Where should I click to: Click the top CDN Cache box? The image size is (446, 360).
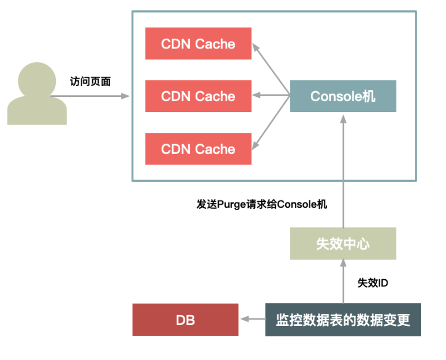[198, 43]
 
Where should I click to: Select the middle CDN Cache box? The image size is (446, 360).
[198, 96]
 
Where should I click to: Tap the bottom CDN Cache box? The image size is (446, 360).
[198, 149]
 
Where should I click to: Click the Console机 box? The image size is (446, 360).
[343, 96]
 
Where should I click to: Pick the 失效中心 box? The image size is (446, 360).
[343, 243]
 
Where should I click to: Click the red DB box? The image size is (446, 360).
[185, 319]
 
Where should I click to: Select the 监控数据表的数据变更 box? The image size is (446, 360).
[343, 319]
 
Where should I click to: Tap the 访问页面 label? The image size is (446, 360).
[91, 81]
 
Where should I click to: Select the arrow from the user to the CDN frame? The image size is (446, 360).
[98, 96]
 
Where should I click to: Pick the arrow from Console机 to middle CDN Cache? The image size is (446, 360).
[271, 96]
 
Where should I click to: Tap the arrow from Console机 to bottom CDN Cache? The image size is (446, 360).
[272, 122]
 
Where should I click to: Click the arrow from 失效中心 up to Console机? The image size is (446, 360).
[343, 173]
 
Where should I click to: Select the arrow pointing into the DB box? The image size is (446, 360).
[253, 319]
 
